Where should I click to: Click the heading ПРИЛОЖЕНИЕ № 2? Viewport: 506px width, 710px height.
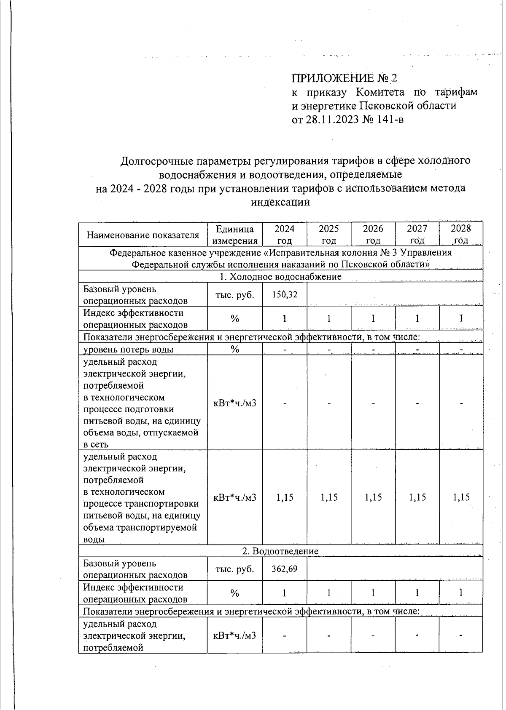coord(344,78)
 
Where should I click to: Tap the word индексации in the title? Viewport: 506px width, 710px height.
coord(280,202)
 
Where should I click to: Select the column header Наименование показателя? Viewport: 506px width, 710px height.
coord(143,235)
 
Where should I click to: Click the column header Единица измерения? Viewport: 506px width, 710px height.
coord(234,235)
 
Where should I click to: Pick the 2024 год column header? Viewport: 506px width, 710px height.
coord(285,235)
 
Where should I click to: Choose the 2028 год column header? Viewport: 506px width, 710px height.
coord(460,235)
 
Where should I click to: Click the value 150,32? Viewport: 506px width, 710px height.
coord(285,294)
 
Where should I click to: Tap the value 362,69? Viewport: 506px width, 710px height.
coord(285,569)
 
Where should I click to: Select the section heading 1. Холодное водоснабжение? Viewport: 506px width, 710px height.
coord(280,276)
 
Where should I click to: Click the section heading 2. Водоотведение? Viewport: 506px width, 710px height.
coord(280,551)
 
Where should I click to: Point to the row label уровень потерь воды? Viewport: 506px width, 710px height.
coord(128,349)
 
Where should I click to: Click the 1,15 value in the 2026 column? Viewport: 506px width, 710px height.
coord(373,497)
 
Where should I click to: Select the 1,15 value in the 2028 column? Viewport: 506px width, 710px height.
coord(461,497)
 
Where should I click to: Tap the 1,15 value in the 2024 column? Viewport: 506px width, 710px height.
coord(285,497)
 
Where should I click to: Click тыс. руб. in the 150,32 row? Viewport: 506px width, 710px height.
coord(234,294)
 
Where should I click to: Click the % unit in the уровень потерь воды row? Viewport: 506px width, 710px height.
coord(235,349)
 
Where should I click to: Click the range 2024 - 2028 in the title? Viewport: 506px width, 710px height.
coord(138,188)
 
